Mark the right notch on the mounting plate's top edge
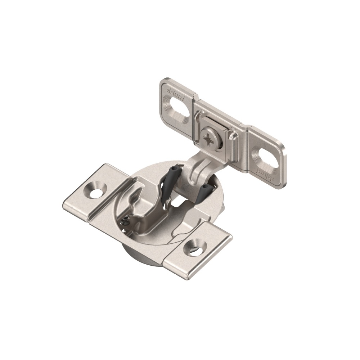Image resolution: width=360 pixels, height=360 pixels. pos(247,127)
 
